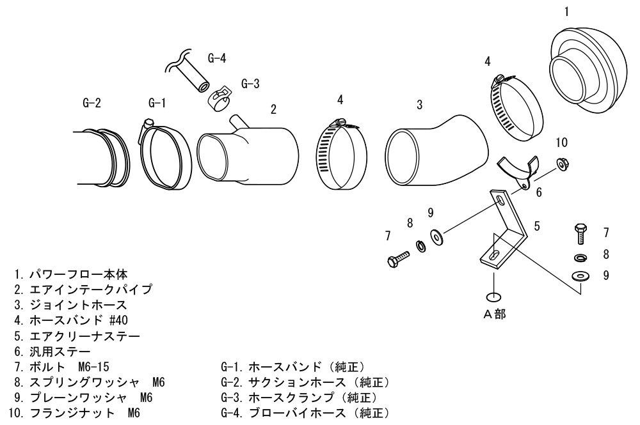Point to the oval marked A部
(x=494, y=297)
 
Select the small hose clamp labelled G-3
(x=219, y=98)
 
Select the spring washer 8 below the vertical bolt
(x=580, y=258)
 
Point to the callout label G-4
(x=217, y=58)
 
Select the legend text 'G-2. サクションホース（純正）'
(x=304, y=382)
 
